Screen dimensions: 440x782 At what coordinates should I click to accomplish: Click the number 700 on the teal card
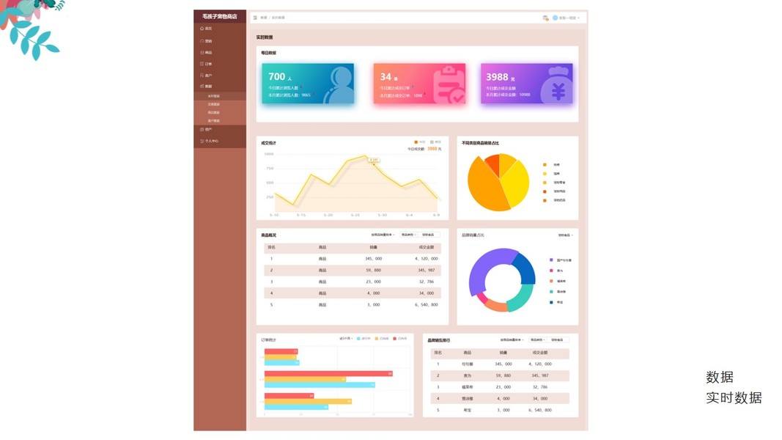pos(276,76)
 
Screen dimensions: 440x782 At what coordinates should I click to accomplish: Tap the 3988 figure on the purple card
pos(496,77)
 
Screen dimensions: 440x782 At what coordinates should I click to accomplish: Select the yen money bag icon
pos(558,87)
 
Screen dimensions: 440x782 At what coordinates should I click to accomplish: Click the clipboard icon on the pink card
pos(449,86)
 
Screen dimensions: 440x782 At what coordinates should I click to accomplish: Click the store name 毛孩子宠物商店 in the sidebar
pos(220,16)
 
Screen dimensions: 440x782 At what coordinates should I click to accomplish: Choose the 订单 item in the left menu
pos(208,64)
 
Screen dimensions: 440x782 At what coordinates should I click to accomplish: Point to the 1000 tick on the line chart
pos(269,154)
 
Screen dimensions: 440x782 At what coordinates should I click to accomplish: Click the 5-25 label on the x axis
pos(355,215)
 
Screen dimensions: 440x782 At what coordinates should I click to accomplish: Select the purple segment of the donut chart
pos(484,268)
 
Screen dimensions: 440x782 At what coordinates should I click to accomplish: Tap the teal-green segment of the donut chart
pos(521,297)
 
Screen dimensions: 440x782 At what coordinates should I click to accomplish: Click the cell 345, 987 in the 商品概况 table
pos(427,270)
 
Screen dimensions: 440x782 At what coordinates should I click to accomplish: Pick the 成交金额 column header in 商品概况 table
pos(427,247)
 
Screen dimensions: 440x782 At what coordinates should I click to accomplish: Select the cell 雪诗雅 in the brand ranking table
pos(468,398)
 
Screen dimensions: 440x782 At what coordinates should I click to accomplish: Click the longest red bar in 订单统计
pos(328,374)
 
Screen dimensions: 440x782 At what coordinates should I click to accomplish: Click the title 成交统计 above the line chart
pos(268,143)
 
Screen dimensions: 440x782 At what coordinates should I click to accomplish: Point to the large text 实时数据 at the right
pos(734,397)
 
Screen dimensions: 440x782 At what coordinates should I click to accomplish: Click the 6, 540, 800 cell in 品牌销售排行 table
pos(540,410)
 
